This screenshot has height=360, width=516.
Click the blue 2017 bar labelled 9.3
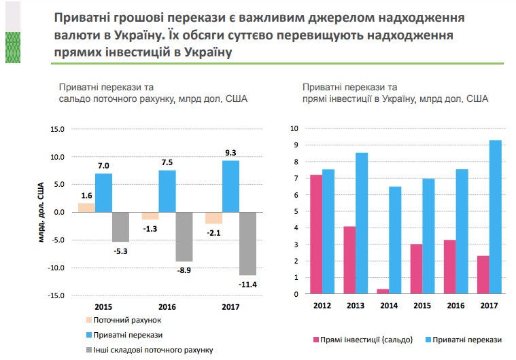pos(231,186)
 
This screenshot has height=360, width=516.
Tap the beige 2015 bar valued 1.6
pos(87,207)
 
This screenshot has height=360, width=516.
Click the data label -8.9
pos(184,270)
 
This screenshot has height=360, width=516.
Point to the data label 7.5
pos(167,162)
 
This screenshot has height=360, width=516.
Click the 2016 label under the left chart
pos(167,306)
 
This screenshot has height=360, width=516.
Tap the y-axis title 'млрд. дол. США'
pos(42,213)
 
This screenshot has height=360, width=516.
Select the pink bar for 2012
pos(316,234)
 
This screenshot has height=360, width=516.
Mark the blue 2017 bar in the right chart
pos(495,217)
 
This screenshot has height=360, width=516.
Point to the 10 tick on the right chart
pos(295,128)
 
